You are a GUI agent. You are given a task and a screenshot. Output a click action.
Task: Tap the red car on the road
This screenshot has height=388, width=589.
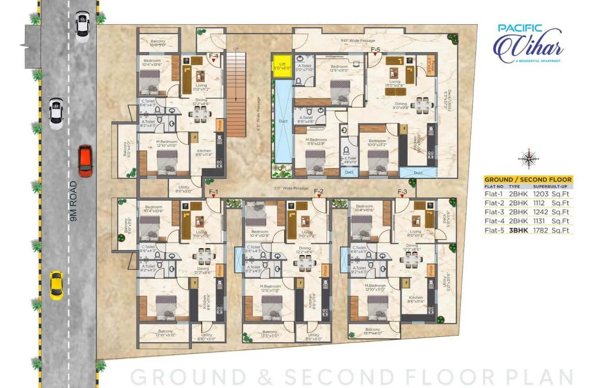coord(85,161)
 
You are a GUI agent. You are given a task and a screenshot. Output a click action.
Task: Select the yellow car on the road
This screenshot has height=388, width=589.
coord(56,285)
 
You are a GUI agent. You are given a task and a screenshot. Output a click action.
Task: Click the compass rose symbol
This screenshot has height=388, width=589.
coord(528,159)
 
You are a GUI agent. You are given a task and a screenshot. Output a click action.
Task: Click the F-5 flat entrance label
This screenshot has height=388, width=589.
coord(376,49)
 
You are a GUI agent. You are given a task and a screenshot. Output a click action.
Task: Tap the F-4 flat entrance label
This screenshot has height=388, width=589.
coord(213,57)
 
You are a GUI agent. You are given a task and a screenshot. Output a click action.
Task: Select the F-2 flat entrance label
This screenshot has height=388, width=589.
coord(319,191)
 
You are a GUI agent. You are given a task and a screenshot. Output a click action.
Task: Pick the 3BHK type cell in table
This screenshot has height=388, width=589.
coord(518,231)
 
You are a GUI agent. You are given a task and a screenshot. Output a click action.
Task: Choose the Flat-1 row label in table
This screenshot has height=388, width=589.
coord(494,194)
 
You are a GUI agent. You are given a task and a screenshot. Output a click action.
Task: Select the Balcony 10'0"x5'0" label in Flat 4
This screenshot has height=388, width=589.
coord(158,43)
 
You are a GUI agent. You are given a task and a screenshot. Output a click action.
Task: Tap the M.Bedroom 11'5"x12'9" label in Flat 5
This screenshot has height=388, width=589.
coord(316,142)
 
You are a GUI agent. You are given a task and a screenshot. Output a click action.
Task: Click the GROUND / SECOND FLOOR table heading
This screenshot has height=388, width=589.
coord(528,179)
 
